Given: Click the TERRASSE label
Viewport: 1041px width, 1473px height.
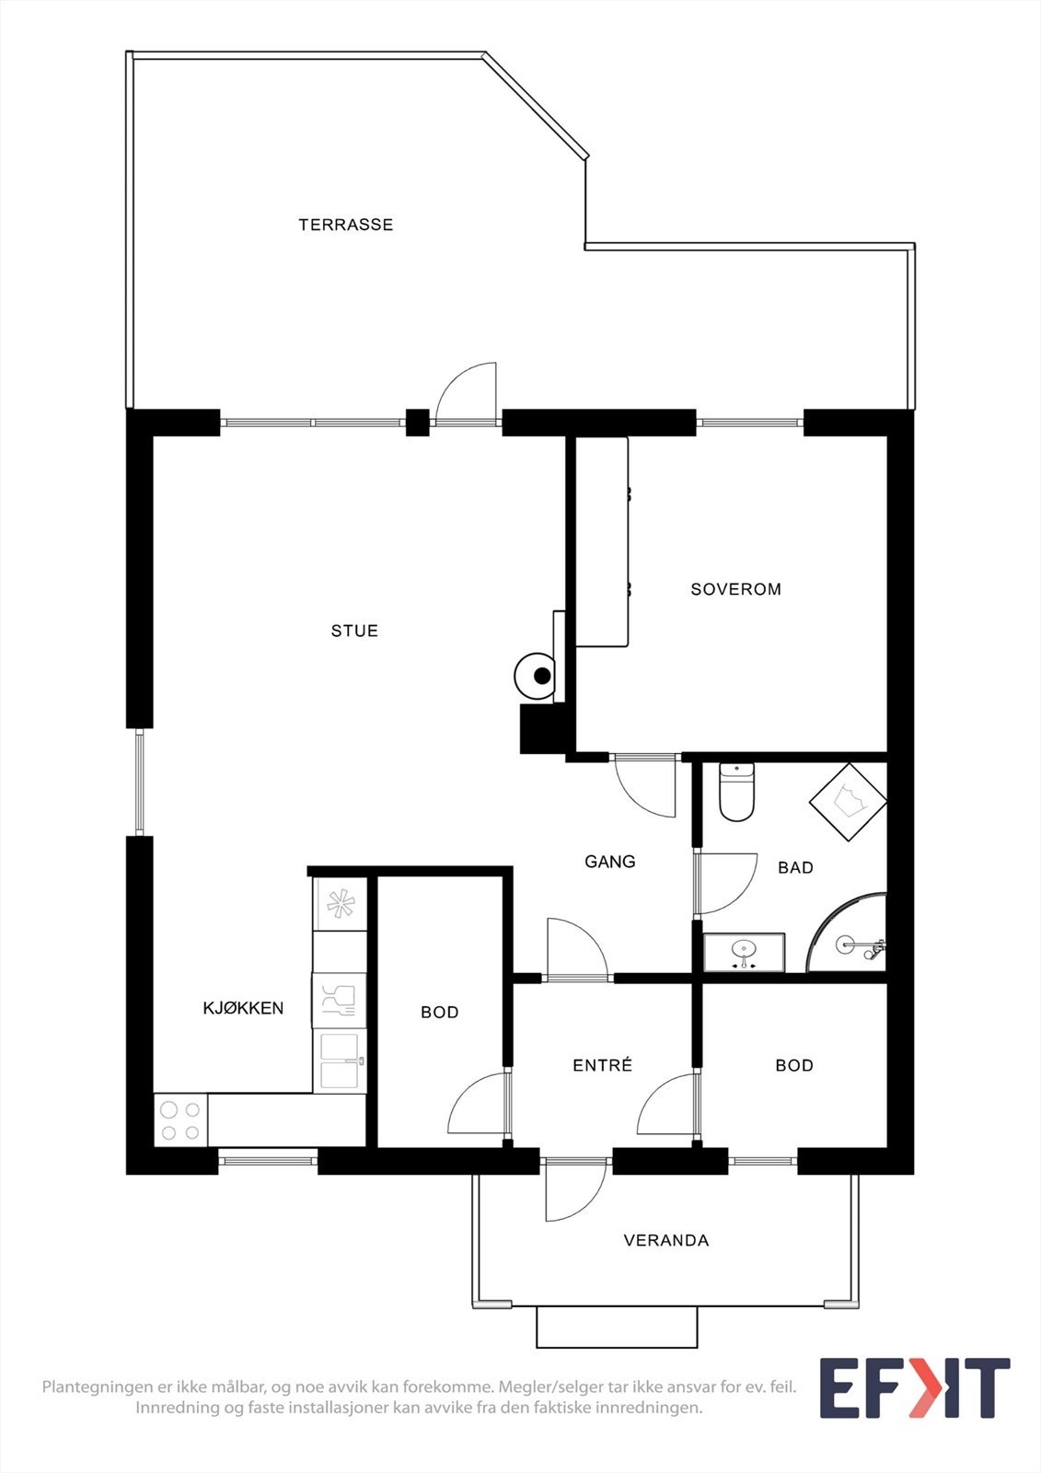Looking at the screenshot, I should click(345, 225).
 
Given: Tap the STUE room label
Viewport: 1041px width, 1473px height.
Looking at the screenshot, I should click(354, 631).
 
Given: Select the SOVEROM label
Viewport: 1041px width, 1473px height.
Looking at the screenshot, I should click(735, 589).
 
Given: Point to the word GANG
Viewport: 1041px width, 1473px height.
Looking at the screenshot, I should click(609, 862).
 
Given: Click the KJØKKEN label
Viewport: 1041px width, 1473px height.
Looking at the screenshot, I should click(243, 1008).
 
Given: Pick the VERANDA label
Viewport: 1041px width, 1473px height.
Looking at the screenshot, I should click(666, 1241).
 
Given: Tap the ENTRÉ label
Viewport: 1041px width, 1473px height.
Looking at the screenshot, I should click(602, 1065).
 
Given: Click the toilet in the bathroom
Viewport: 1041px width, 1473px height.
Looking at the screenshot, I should click(736, 793).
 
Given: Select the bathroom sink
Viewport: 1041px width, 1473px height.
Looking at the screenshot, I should click(744, 952).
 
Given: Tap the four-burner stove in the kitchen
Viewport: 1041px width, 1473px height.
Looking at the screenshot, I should click(180, 1120).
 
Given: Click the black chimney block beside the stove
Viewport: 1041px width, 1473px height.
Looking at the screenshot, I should click(542, 728).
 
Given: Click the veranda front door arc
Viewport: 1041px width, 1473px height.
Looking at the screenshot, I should click(573, 1191).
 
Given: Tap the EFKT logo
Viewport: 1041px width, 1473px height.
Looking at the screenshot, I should click(914, 1388).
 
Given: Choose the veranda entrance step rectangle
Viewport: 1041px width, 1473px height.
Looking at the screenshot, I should click(617, 1327).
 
